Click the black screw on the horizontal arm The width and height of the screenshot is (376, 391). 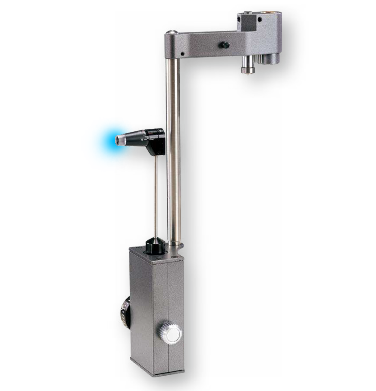224,45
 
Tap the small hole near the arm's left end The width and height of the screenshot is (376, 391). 182,54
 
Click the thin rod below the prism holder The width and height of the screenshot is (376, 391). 156,197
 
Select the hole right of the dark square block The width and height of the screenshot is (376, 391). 260,19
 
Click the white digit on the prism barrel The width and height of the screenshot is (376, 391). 142,140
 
